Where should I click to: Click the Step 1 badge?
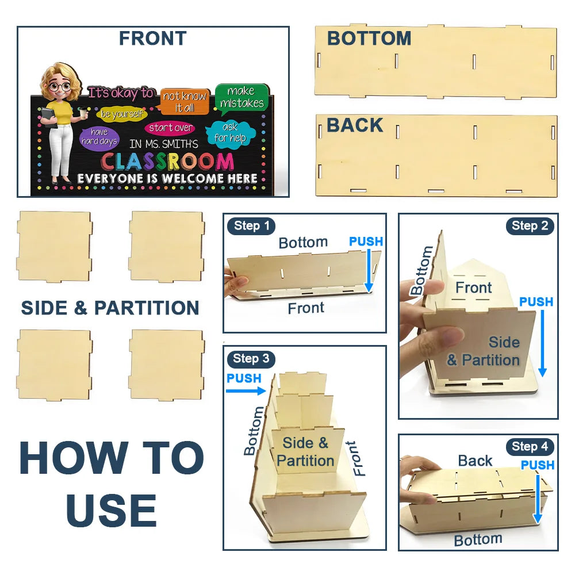[x=251, y=226]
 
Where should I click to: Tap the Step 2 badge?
[x=530, y=226]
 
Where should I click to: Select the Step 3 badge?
[x=251, y=358]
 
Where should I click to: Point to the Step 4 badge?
[x=530, y=446]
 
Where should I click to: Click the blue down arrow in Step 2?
[x=542, y=344]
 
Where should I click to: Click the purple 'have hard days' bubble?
[x=99, y=137]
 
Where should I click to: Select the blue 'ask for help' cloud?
[x=231, y=133]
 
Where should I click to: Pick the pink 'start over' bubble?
[x=170, y=128]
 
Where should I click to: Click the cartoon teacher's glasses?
[x=59, y=87]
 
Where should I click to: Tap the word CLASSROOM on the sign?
[x=167, y=162]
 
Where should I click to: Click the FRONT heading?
[x=153, y=38]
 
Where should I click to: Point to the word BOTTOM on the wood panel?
[x=369, y=38]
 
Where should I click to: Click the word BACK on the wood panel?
[x=355, y=125]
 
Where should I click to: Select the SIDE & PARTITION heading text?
[x=110, y=308]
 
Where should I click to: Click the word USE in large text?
[x=112, y=510]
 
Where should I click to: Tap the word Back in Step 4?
[x=475, y=461]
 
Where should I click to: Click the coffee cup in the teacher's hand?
[x=84, y=113]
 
